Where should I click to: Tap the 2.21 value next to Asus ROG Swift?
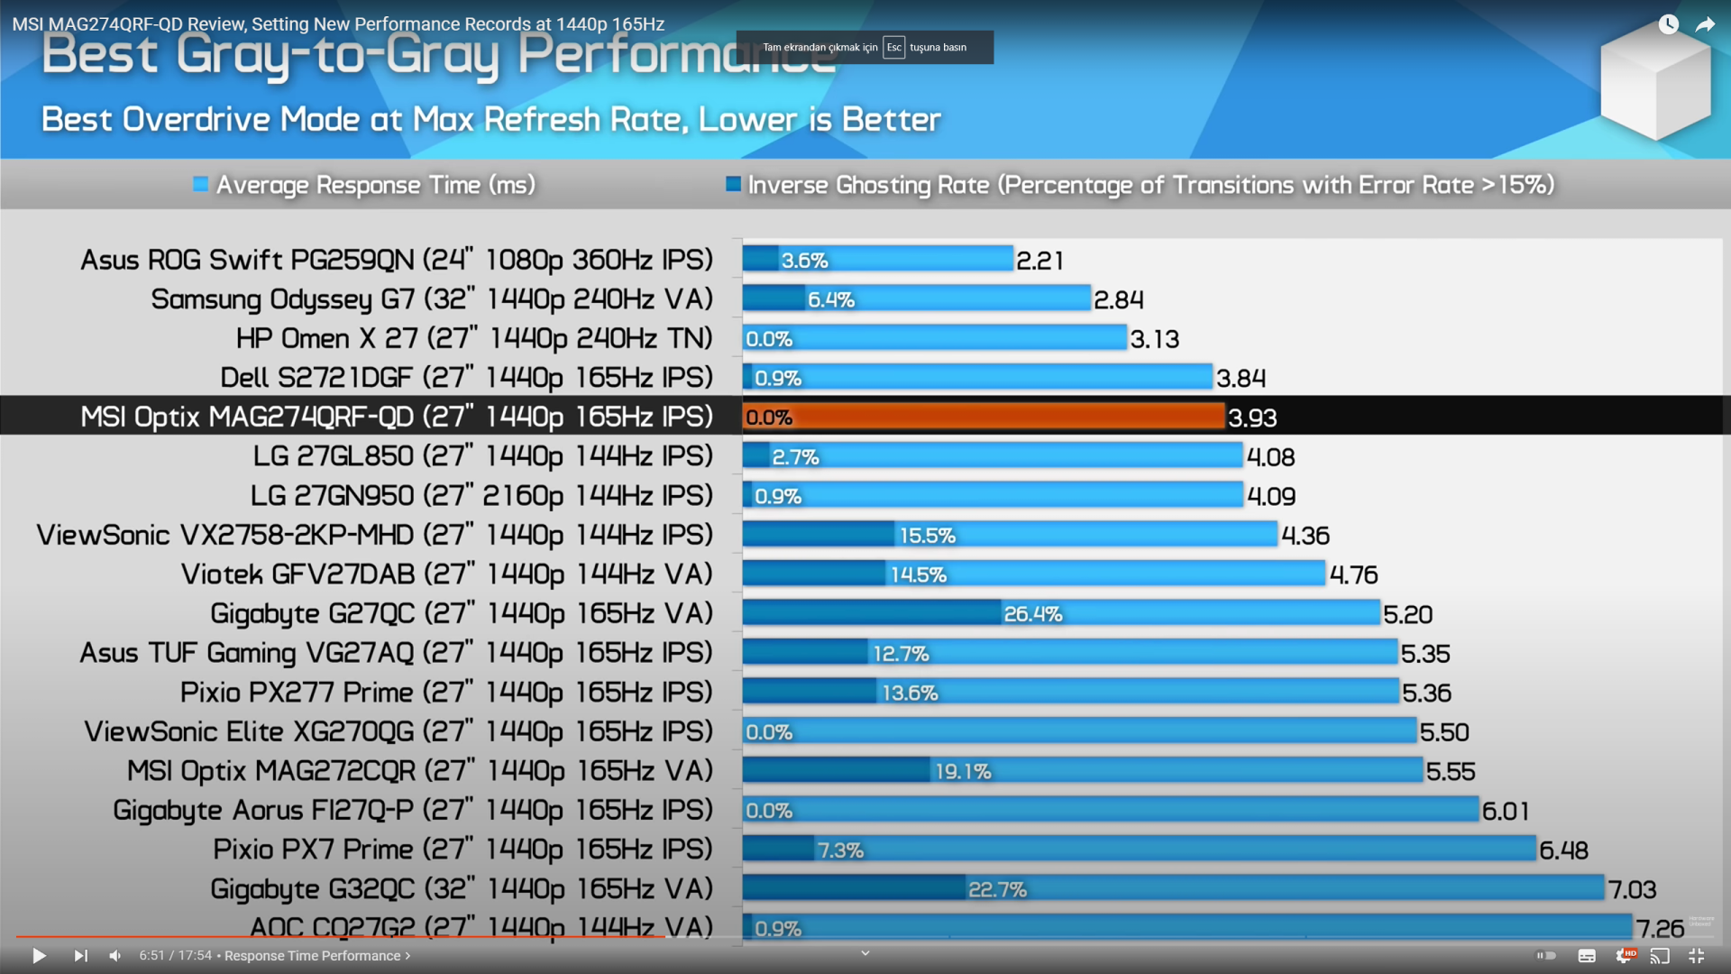pyautogui.click(x=1040, y=261)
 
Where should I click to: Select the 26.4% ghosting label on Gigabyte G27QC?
pyautogui.click(x=1032, y=614)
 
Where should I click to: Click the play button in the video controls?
pyautogui.click(x=39, y=956)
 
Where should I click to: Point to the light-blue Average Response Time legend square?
pyautogui.click(x=200, y=185)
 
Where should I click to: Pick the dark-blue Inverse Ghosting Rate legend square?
pyautogui.click(x=733, y=185)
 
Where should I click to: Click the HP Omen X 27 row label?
pyautogui.click(x=473, y=338)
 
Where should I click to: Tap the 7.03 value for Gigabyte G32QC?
pyautogui.click(x=1632, y=890)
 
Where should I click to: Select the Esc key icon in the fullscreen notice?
pyautogui.click(x=893, y=48)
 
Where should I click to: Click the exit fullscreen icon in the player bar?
pyautogui.click(x=1696, y=956)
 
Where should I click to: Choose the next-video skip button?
pyautogui.click(x=80, y=956)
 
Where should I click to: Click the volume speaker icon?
pyautogui.click(x=115, y=956)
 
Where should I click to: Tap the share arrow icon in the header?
pyautogui.click(x=1704, y=25)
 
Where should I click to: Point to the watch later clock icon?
pyautogui.click(x=1668, y=25)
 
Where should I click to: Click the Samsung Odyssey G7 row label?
pyautogui.click(x=431, y=299)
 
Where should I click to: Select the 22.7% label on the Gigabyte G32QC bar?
pyautogui.click(x=997, y=890)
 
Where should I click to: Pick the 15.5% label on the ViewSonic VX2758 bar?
pyautogui.click(x=927, y=536)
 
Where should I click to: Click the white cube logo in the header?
pyautogui.click(x=1655, y=81)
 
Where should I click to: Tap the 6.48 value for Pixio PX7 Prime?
pyautogui.click(x=1563, y=850)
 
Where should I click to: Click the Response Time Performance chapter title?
pyautogui.click(x=312, y=956)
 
